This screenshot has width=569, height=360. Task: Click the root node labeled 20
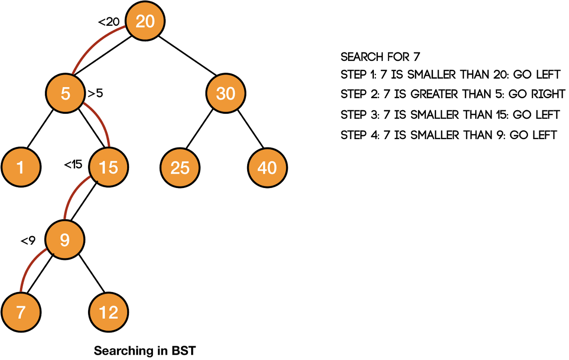(145, 21)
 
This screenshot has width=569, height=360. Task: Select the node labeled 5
(65, 93)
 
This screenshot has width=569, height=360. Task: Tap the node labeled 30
(225, 93)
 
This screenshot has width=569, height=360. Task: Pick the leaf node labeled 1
(21, 167)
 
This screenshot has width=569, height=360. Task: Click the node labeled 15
(108, 167)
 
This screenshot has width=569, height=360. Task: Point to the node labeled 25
(180, 168)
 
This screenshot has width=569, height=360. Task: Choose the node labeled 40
(268, 168)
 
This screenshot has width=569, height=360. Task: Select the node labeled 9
(65, 240)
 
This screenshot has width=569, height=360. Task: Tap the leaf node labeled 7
(21, 312)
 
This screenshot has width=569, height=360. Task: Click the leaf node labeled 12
(108, 312)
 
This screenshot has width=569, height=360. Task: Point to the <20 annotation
(109, 22)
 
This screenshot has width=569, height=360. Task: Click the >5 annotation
(95, 93)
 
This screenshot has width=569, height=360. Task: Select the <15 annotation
(73, 165)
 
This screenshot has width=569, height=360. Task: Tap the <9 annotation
(28, 241)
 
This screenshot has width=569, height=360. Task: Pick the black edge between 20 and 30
(188, 56)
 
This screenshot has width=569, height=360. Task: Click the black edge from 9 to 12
(92, 273)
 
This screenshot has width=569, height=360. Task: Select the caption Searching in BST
(145, 351)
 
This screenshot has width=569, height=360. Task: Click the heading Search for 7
(380, 57)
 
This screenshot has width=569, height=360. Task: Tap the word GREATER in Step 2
(434, 94)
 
